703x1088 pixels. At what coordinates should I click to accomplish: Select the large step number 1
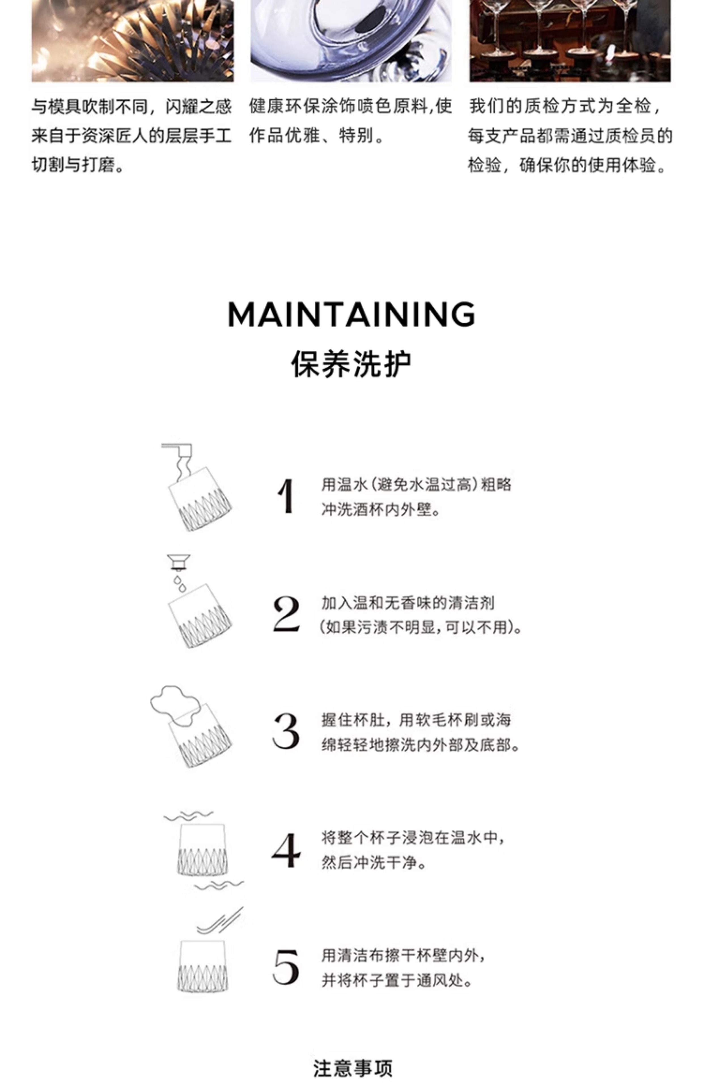coord(286,496)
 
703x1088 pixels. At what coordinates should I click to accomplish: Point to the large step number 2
coord(286,614)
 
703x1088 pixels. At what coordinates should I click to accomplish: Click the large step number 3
coord(286,731)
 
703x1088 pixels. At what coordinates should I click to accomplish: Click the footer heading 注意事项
coord(352,1068)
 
